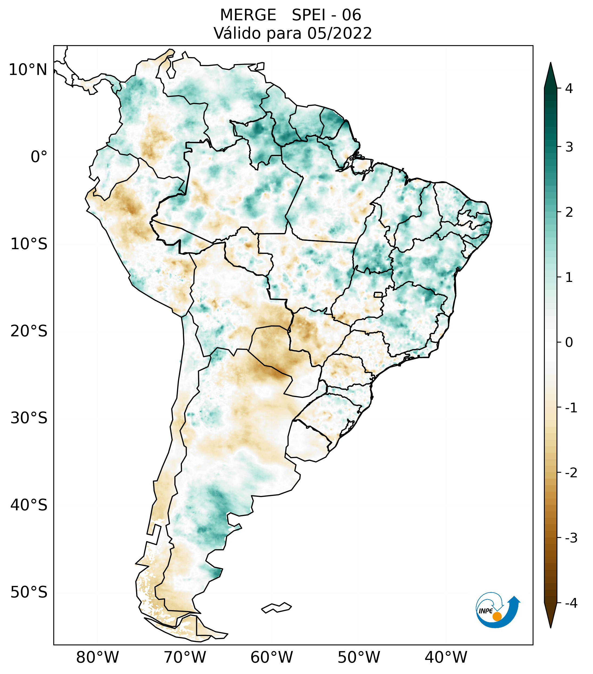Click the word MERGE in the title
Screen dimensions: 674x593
pos(248,15)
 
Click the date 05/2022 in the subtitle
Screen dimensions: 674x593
pos(339,33)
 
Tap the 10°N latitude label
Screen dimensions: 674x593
pos(28,70)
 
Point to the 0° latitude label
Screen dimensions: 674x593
pos(39,157)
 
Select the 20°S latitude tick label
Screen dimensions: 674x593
pos(29,331)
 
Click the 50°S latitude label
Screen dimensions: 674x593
pos(29,592)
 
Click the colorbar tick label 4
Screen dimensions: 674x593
pos(569,88)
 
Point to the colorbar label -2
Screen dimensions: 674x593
pos(571,473)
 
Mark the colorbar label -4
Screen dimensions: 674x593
pos(571,603)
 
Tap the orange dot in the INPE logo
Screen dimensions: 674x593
pos(497,616)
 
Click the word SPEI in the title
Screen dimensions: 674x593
pos(308,15)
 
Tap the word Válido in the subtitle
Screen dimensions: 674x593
pos(237,33)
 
